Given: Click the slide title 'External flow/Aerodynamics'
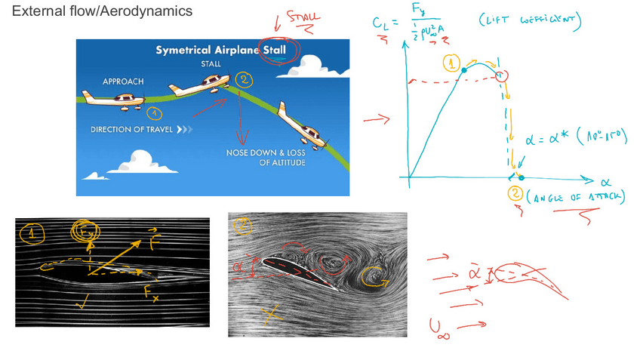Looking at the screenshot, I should [102, 11].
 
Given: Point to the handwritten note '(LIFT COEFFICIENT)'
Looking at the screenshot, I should [529, 24].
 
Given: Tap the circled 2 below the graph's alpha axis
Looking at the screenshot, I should [515, 194].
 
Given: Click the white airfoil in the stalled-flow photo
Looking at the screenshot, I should [297, 271].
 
